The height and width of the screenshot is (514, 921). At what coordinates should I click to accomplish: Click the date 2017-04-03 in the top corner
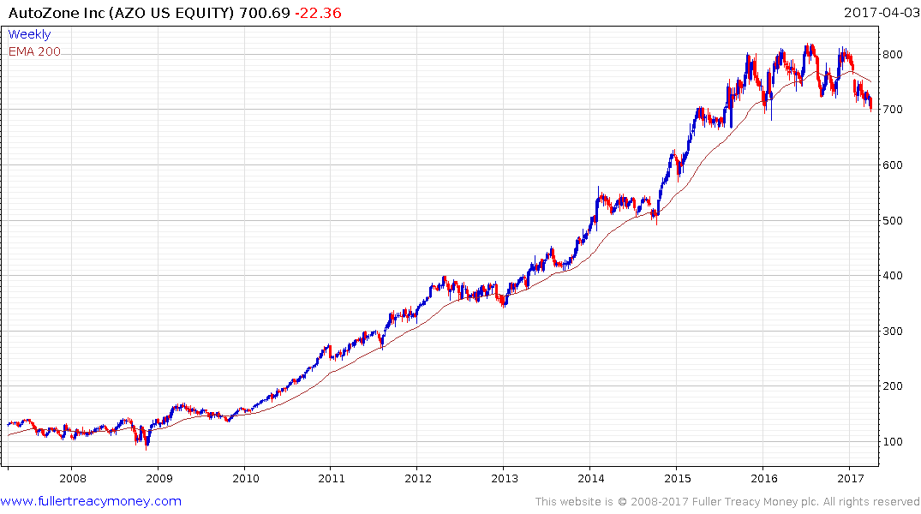(x=880, y=12)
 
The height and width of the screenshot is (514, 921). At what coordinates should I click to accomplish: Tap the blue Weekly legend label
(x=29, y=35)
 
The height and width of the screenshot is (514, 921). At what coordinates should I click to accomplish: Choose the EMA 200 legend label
(x=34, y=51)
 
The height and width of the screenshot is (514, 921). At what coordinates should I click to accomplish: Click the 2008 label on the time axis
(x=73, y=478)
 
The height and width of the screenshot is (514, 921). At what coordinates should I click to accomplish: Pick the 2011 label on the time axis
(x=331, y=478)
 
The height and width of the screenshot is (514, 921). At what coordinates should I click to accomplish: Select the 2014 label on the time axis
(x=590, y=478)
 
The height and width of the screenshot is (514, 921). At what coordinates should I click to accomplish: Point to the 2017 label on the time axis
(x=849, y=478)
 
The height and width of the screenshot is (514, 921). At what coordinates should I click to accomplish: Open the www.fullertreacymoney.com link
(x=91, y=501)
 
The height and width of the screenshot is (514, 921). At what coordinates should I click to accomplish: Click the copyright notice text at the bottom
(x=727, y=501)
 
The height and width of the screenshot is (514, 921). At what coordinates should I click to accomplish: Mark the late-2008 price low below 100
(x=147, y=446)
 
